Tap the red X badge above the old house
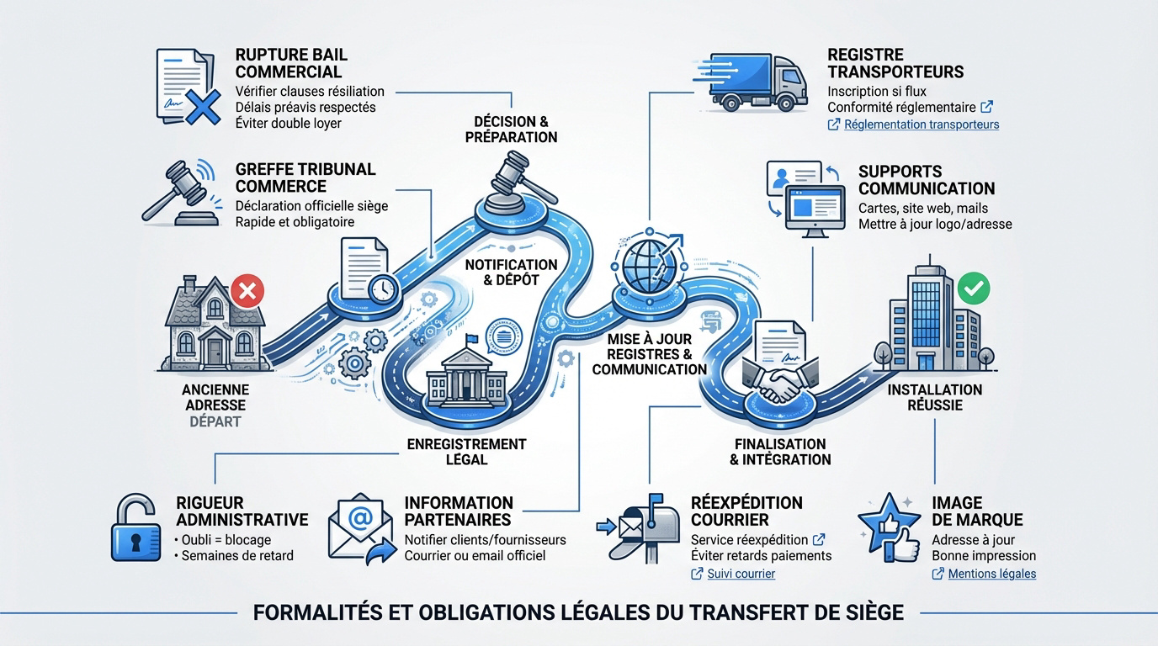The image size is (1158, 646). (x=247, y=292)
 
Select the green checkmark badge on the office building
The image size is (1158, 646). (x=974, y=288)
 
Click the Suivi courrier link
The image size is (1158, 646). (x=741, y=574)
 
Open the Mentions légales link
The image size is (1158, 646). (x=991, y=574)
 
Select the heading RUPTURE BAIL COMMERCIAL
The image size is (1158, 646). (x=291, y=63)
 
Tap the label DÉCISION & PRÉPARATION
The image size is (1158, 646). (x=511, y=129)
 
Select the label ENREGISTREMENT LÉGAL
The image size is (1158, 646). (x=466, y=452)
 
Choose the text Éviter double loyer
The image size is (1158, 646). (x=289, y=124)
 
